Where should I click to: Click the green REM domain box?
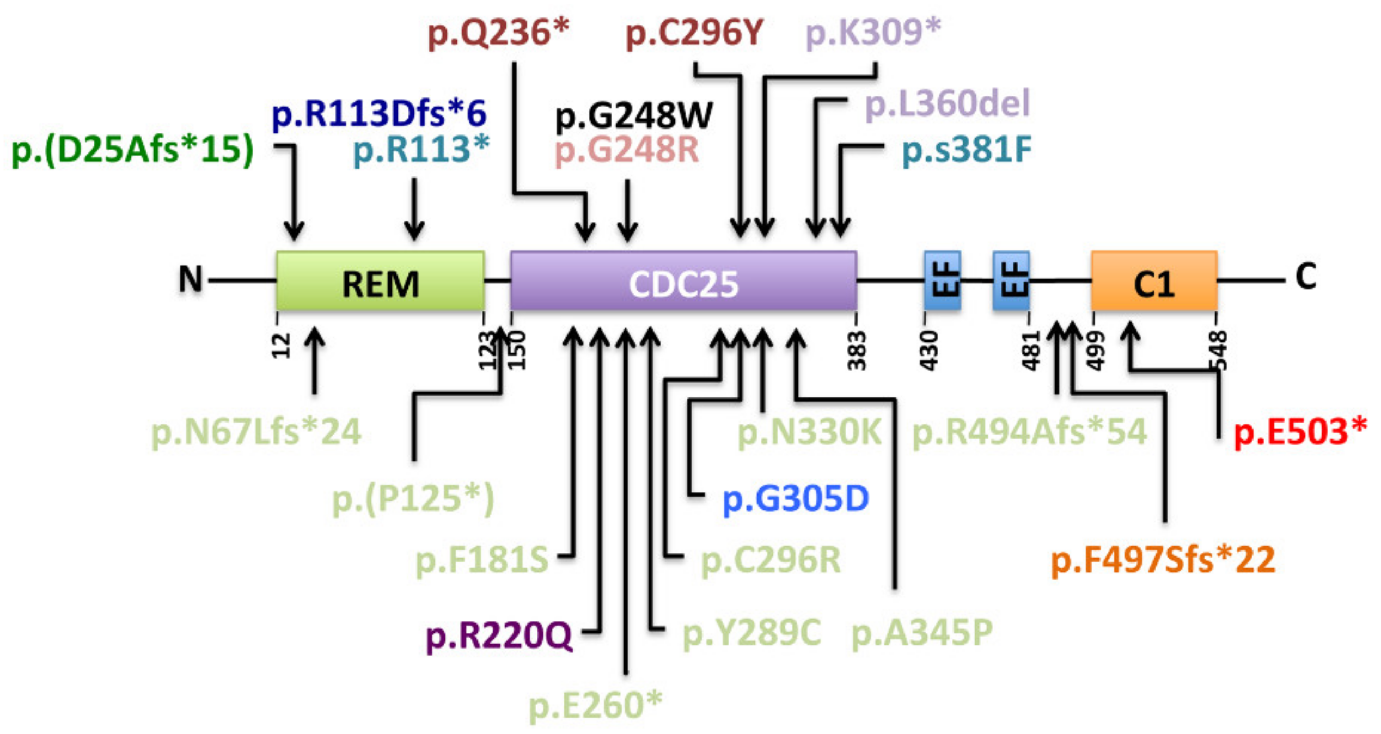(380, 282)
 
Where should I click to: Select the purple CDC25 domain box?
(683, 282)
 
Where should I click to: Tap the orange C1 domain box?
(1154, 282)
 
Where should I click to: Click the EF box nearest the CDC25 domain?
(942, 280)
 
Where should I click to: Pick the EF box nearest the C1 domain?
(1011, 280)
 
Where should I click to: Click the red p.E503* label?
(1300, 432)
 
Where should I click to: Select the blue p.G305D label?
(795, 498)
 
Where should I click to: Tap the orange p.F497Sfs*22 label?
(1163, 559)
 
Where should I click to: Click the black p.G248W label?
(633, 116)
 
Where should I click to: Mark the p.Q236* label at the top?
(498, 33)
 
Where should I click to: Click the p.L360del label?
(947, 103)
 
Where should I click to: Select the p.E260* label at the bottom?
(595, 705)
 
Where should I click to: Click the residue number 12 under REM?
(282, 346)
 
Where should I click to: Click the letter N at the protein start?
(191, 279)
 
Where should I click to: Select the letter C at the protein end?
(1306, 277)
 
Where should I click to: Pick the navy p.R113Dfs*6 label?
(379, 114)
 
